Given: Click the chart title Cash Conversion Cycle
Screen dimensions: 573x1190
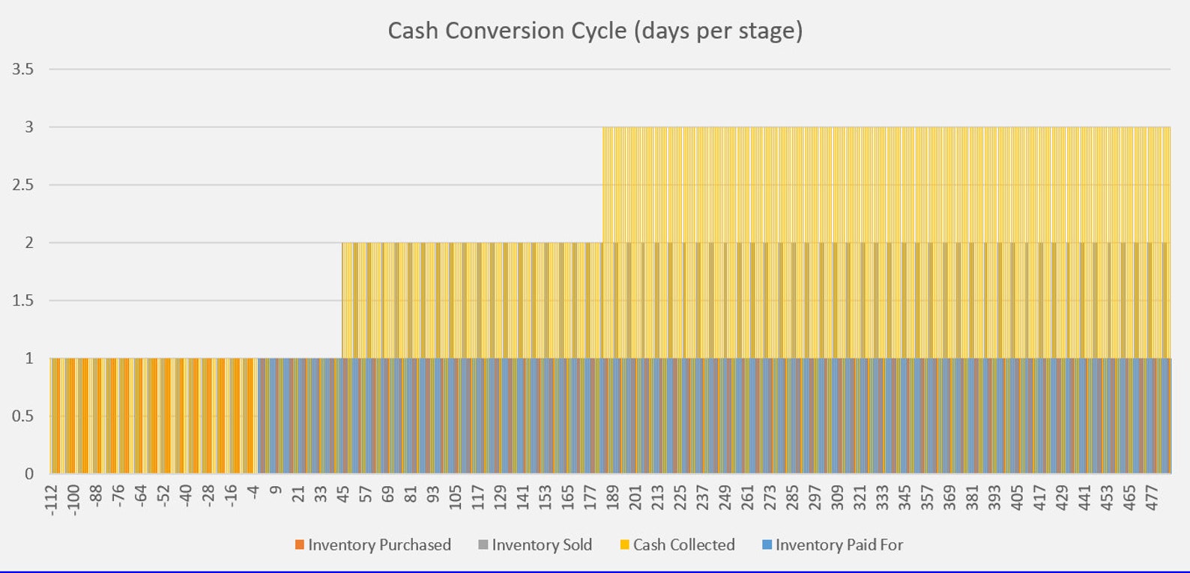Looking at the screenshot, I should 594,31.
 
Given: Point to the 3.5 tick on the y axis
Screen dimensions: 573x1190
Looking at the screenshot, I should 23,70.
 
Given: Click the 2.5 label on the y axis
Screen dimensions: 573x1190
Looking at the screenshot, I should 23,185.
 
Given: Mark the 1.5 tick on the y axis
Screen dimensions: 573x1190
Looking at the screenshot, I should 23,300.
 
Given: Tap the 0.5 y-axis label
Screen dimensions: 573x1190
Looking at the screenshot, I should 23,416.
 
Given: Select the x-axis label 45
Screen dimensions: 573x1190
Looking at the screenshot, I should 343,495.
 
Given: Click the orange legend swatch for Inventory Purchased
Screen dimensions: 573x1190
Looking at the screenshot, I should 300,545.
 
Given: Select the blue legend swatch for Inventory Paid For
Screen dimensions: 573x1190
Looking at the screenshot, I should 767,545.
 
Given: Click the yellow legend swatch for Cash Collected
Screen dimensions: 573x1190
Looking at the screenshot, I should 624,545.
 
